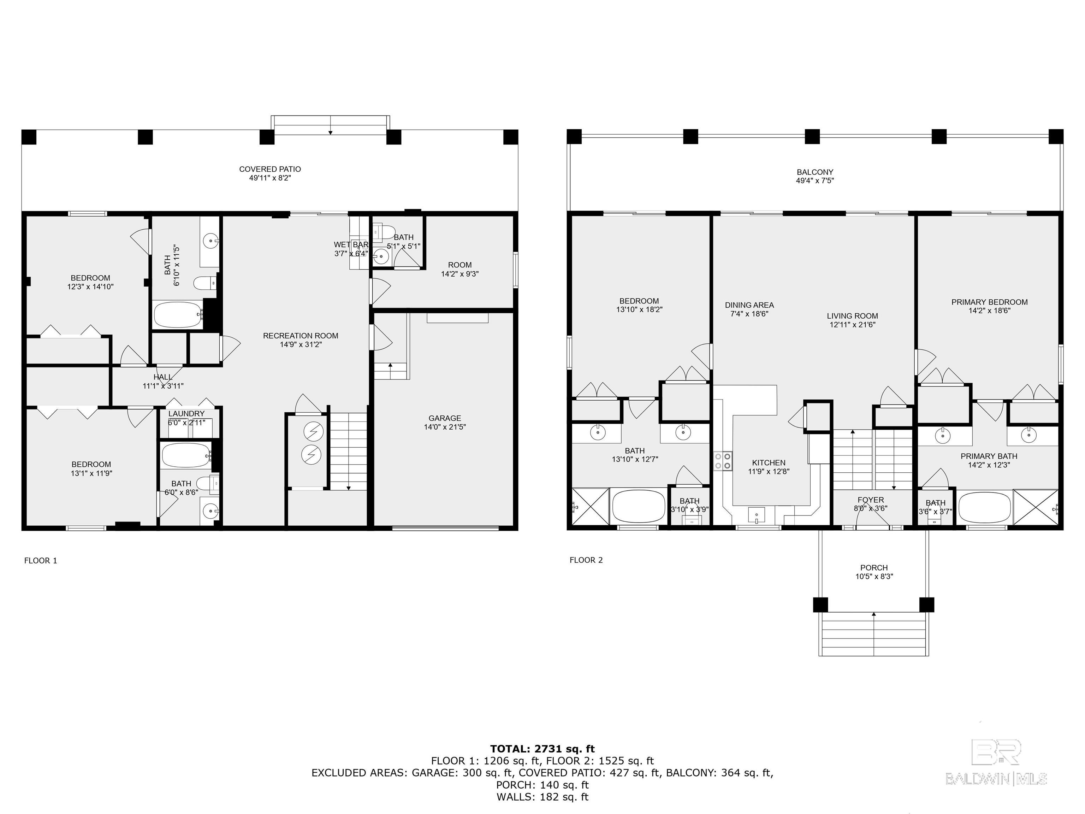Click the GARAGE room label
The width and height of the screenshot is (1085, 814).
(x=444, y=418)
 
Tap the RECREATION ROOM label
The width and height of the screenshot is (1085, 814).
(x=300, y=336)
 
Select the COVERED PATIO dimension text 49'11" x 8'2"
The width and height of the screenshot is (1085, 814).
(x=270, y=178)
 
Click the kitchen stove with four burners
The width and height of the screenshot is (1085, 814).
(x=723, y=461)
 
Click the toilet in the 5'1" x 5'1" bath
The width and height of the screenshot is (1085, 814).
(x=385, y=232)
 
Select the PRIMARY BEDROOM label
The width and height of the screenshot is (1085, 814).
(x=989, y=302)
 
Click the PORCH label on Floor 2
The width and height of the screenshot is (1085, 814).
(x=873, y=568)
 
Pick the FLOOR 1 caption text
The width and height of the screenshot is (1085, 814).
(x=41, y=560)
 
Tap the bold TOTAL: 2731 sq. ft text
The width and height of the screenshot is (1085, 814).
(x=542, y=749)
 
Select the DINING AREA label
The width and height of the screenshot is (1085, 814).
(x=749, y=305)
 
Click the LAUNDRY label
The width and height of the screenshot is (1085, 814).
(x=186, y=414)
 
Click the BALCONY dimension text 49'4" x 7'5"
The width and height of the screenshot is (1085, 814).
(x=815, y=181)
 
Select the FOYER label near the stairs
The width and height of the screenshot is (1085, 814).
(x=870, y=500)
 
